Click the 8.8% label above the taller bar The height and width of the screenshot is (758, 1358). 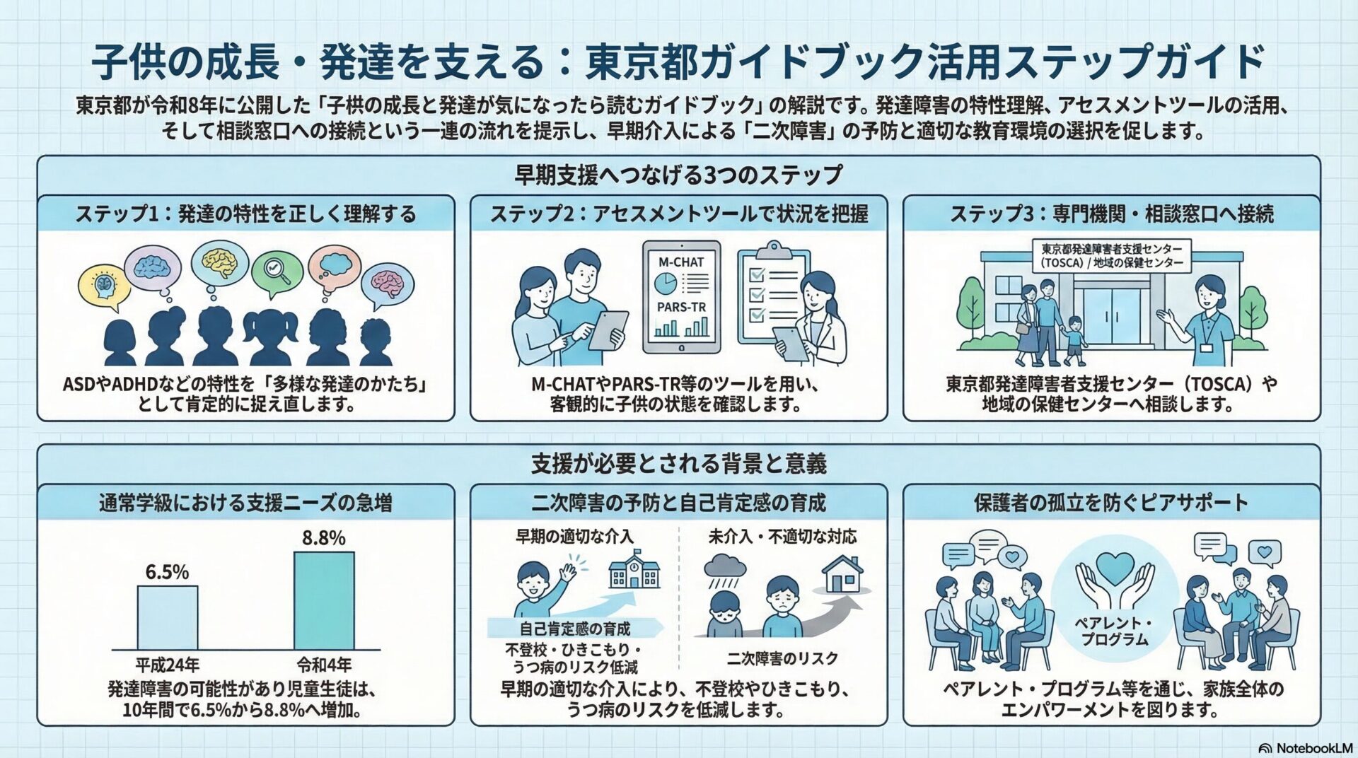point(323,538)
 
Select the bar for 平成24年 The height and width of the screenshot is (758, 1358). point(168,617)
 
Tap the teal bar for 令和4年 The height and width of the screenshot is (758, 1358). point(324,600)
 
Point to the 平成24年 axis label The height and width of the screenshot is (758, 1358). point(168,665)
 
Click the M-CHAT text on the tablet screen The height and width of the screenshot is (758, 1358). point(681,262)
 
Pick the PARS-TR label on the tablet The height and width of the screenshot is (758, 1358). point(681,308)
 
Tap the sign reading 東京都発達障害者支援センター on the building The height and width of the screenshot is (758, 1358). point(1111,256)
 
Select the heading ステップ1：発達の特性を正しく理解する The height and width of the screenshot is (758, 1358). point(246,214)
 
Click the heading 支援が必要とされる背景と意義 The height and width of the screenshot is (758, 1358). point(678,464)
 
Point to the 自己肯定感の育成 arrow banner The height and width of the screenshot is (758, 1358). point(574,628)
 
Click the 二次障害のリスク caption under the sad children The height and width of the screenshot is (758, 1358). point(782,659)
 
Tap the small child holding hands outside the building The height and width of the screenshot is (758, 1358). point(1074,339)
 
